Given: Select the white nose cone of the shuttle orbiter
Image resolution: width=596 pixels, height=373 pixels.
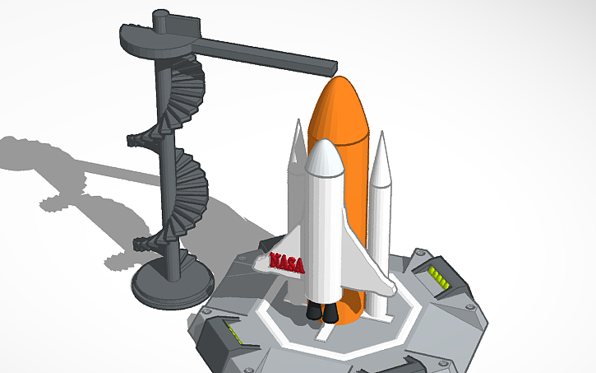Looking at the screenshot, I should pos(323,156).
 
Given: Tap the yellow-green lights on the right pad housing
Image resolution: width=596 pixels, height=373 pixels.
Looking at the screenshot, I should pos(440,277).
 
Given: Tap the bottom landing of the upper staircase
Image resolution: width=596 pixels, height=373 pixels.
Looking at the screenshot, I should pos(136,138).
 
